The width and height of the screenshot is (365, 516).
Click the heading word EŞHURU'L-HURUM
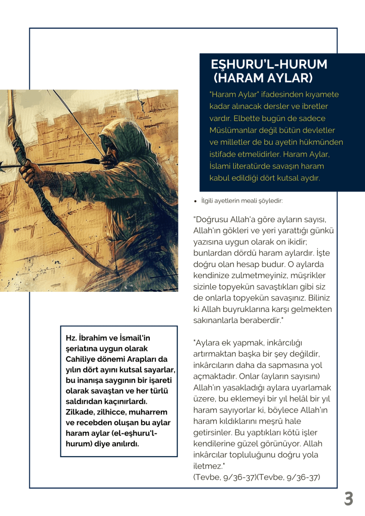[269, 64]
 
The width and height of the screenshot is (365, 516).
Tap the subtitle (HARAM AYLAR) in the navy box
[263, 78]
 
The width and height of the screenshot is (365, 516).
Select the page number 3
[348, 498]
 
